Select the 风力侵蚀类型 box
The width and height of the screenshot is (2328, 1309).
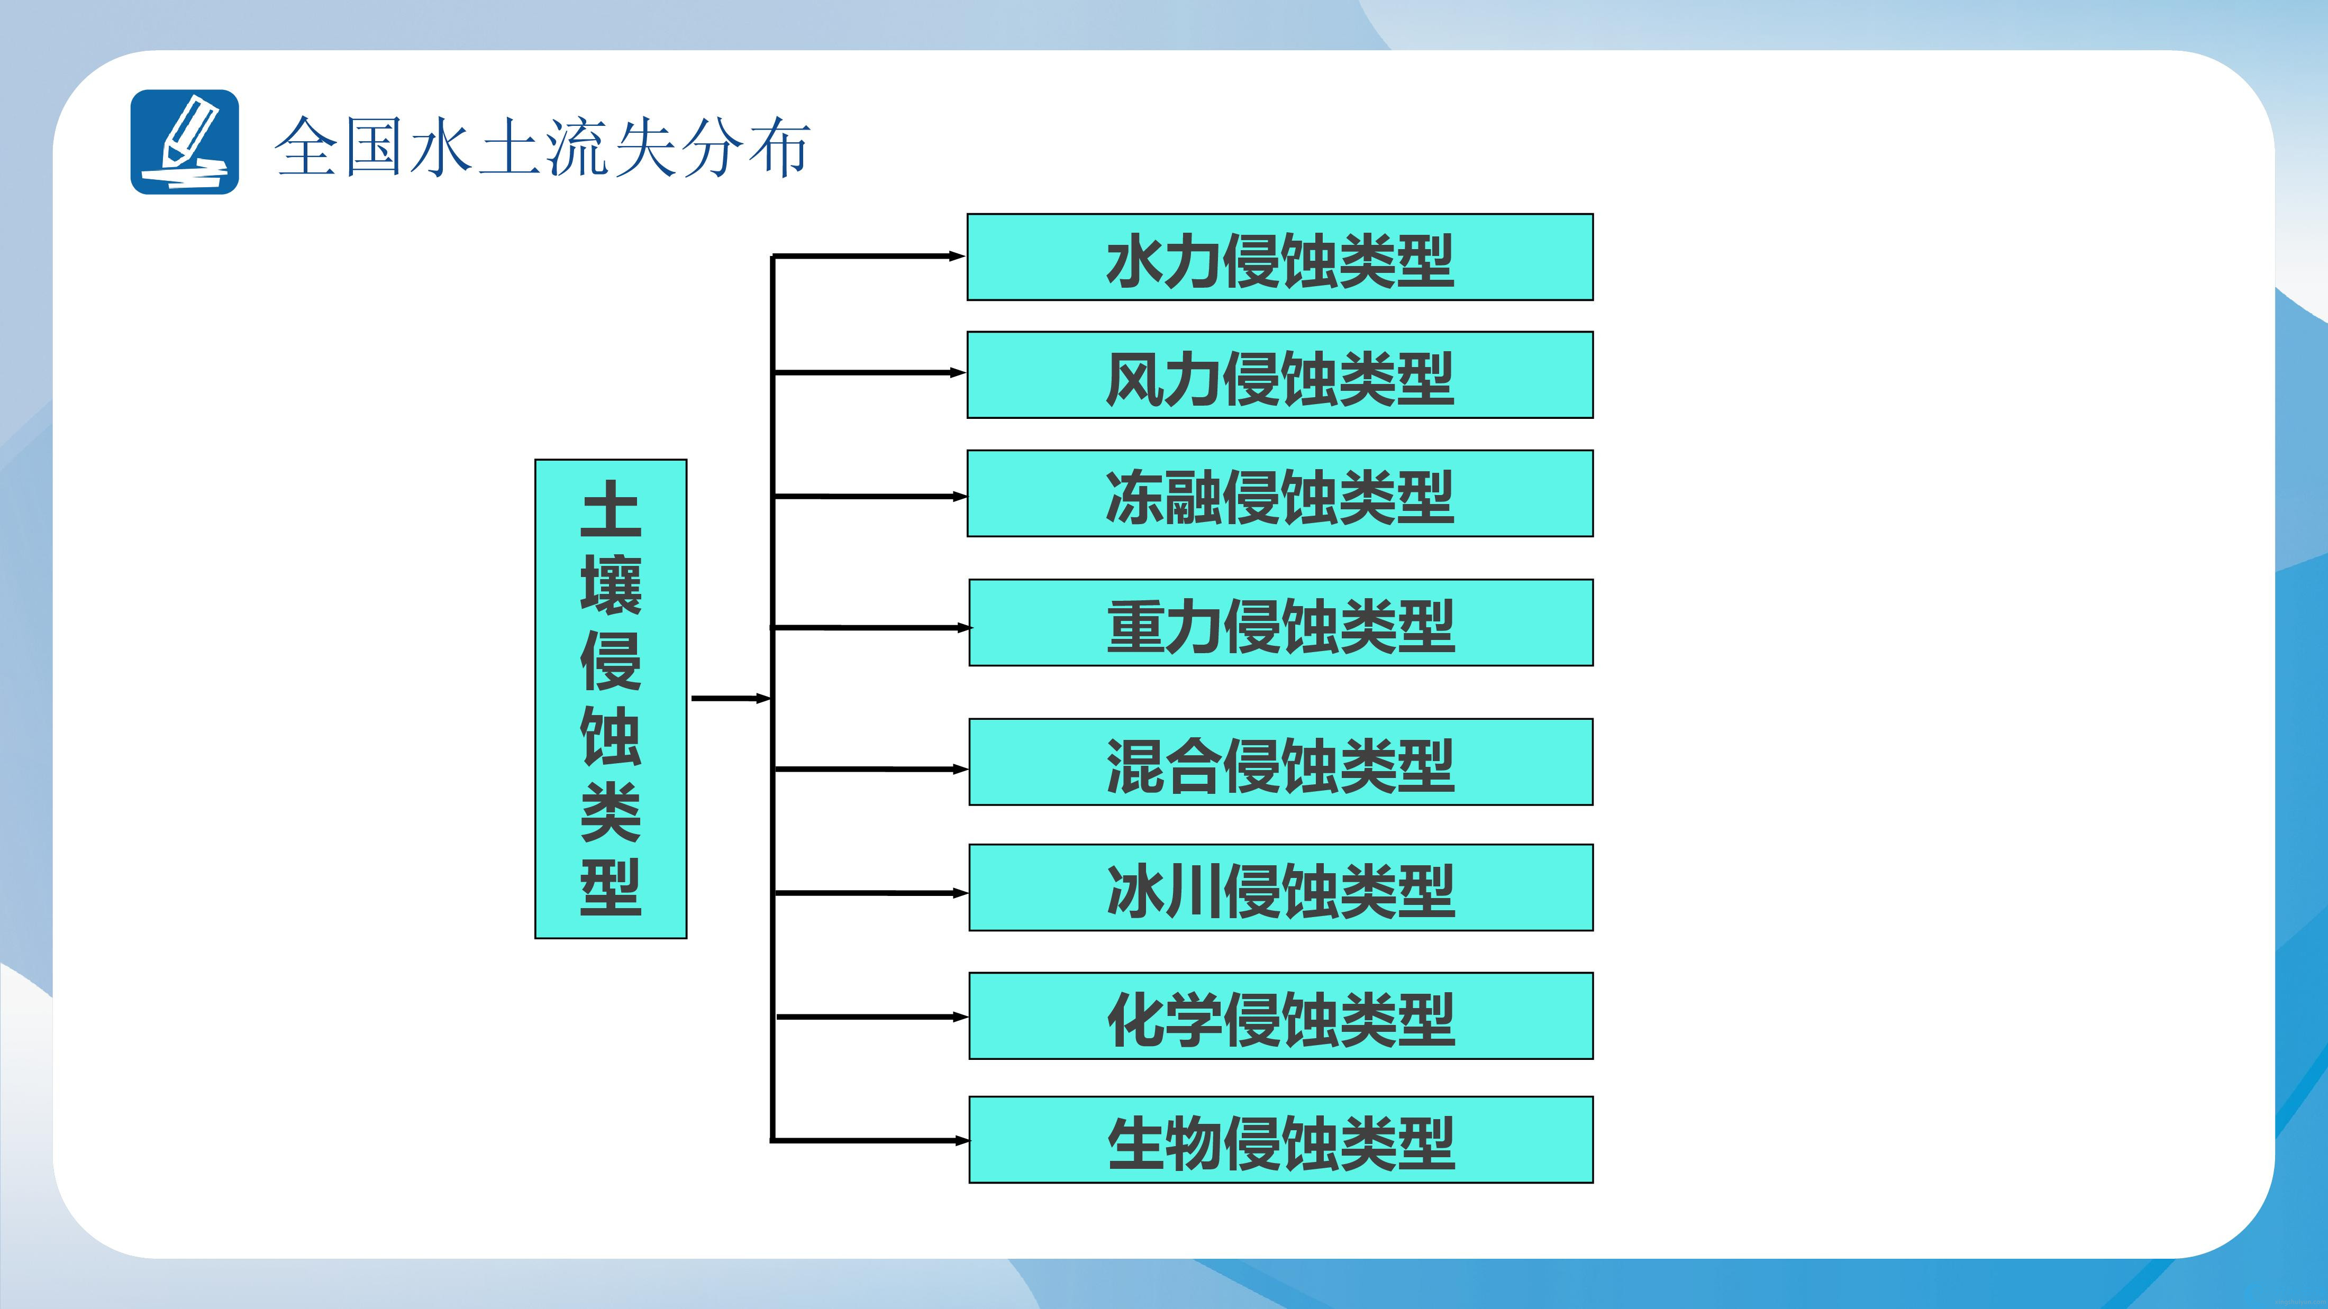[1280, 375]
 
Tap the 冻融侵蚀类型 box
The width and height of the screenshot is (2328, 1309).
[1280, 493]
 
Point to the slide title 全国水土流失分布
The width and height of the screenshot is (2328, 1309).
[542, 147]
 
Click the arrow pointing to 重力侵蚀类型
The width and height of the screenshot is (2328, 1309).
[871, 627]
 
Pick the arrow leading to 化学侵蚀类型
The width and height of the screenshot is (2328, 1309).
[872, 1017]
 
